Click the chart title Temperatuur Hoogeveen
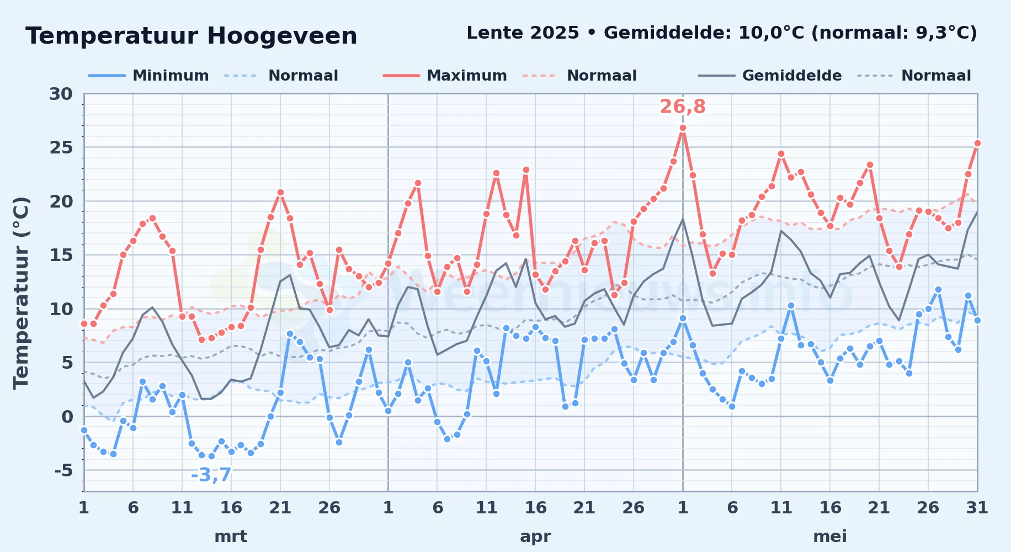[191, 36]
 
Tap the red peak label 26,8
[683, 107]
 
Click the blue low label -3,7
[211, 475]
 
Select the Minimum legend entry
[149, 76]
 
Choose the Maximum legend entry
[445, 76]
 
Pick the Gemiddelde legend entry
[770, 76]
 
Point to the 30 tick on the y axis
[61, 94]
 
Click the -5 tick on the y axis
[63, 470]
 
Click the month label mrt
[231, 537]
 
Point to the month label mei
[830, 537]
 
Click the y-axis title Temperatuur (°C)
[21, 293]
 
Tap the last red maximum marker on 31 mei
[977, 144]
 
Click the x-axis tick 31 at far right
[977, 508]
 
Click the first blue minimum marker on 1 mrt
[84, 430]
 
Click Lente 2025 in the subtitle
[523, 33]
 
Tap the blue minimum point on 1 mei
[683, 319]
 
